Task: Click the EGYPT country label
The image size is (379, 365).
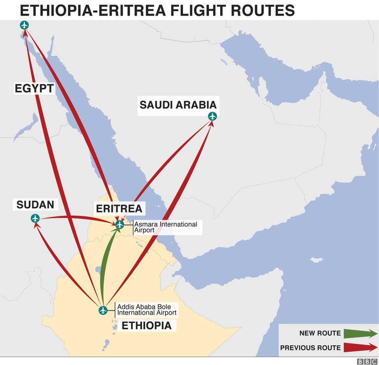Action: pos(34,89)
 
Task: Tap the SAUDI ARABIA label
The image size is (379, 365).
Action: pos(178,105)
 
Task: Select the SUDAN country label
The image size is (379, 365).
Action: pos(35,205)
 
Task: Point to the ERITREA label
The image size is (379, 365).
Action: pos(119,209)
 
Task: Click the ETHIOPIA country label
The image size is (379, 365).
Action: pos(146,325)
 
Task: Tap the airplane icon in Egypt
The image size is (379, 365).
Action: pos(24,26)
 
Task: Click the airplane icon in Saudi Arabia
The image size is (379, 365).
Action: pos(212,116)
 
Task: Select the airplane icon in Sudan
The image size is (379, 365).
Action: pos(35,218)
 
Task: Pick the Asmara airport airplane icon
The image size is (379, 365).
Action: pos(119,224)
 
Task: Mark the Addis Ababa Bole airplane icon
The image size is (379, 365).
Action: pos(103,310)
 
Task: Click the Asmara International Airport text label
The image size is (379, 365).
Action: pos(165,227)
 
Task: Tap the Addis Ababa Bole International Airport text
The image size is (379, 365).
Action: pos(147,309)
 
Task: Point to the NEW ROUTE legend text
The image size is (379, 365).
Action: pos(320,334)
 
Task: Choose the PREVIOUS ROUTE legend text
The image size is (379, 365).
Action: pos(310,348)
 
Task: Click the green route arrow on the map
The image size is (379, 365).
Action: pos(105,268)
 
